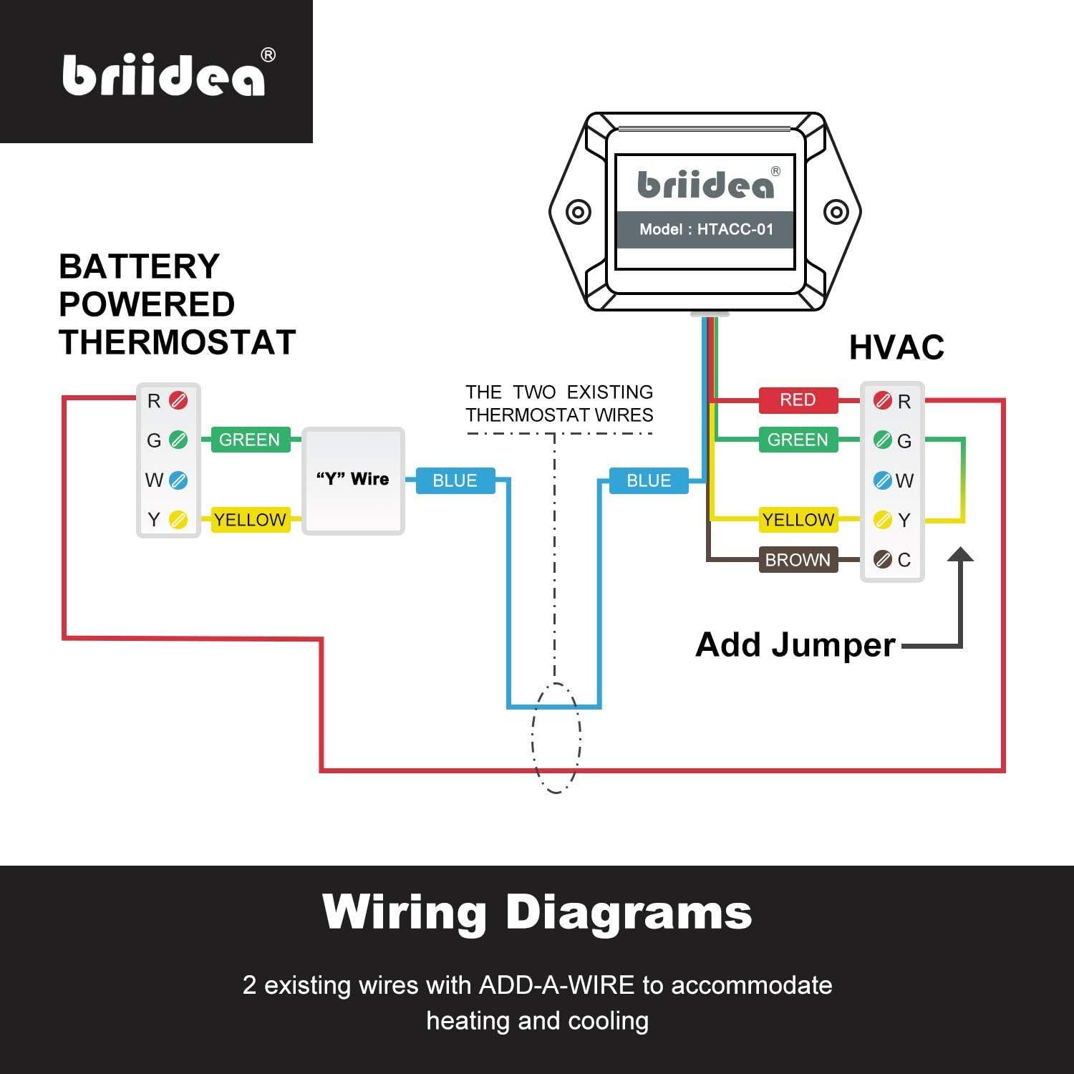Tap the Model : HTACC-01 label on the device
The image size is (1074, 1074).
(x=706, y=230)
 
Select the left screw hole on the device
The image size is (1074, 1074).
(x=578, y=212)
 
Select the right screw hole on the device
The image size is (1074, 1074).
(x=836, y=212)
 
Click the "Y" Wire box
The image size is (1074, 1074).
(x=353, y=480)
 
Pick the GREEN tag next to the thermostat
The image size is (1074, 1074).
(x=249, y=440)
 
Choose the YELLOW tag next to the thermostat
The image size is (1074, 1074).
(x=249, y=520)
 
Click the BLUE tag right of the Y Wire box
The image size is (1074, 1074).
(x=455, y=480)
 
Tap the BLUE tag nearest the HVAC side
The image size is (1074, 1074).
(x=649, y=480)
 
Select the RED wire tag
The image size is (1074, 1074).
(x=798, y=400)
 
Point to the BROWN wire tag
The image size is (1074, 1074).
(x=798, y=560)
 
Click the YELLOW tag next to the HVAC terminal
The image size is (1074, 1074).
(x=798, y=520)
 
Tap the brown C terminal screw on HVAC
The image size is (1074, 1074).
(x=883, y=559)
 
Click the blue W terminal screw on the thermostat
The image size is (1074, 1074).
(x=178, y=480)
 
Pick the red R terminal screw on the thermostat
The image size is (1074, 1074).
(x=178, y=400)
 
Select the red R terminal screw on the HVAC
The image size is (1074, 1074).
(x=883, y=401)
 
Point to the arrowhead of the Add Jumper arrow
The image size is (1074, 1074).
(x=960, y=555)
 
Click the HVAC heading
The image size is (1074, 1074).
(x=896, y=348)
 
